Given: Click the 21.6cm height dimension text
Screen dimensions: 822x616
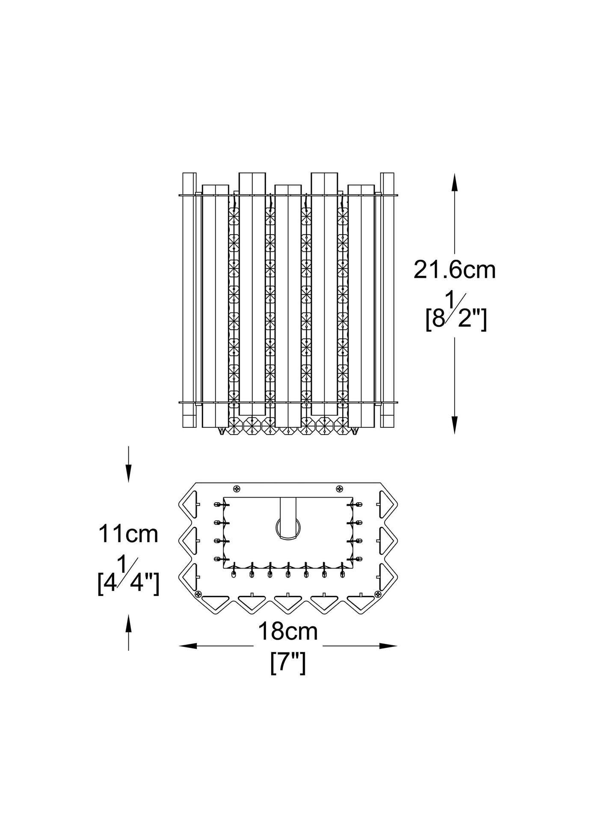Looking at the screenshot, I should pyautogui.click(x=454, y=271).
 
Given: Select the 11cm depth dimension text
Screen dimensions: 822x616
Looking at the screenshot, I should pyautogui.click(x=128, y=534).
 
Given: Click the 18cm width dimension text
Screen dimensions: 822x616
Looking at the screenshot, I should pyautogui.click(x=287, y=631).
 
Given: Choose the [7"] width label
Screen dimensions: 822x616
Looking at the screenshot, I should pyautogui.click(x=288, y=664).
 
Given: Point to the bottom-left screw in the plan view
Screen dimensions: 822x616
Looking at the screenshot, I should pyautogui.click(x=198, y=594).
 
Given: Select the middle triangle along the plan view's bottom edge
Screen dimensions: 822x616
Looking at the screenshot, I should pyautogui.click(x=287, y=602).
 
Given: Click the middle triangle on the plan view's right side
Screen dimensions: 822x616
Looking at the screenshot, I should pyautogui.click(x=386, y=540).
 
